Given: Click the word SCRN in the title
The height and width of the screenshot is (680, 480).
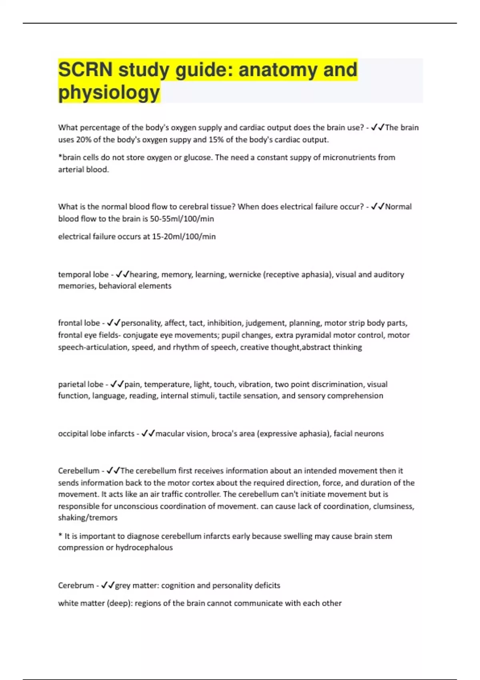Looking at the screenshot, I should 85,70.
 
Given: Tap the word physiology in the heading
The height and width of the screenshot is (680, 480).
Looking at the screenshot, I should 109,92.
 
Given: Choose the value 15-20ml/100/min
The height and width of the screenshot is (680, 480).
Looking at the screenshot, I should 184,236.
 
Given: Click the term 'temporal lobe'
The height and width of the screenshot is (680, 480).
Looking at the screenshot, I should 83,274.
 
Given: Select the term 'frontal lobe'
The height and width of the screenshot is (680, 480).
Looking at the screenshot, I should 79,323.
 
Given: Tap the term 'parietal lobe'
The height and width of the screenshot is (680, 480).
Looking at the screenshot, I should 81,384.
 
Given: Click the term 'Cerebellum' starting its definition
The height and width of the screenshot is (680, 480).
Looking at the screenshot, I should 78,471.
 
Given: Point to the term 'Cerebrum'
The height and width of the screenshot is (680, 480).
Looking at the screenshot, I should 76,586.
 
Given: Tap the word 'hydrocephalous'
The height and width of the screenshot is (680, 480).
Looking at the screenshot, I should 144,548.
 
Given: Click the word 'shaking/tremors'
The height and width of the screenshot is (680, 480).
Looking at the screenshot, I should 88,518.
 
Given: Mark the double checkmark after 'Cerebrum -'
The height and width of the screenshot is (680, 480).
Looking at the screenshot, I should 108,585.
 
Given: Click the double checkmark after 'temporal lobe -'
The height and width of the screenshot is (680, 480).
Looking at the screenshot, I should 122,274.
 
